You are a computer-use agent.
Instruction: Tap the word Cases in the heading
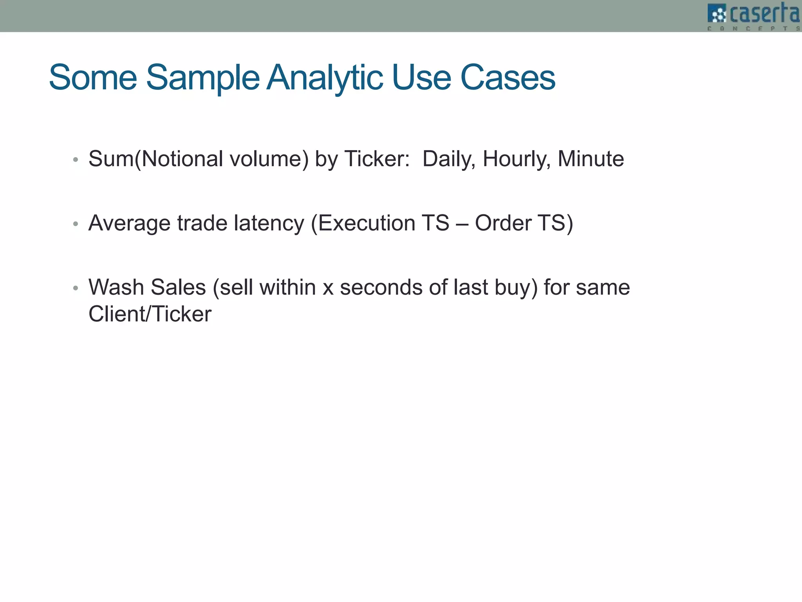click(508, 78)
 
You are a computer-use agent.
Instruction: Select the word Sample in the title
click(202, 78)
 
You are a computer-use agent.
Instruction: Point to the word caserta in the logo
click(764, 13)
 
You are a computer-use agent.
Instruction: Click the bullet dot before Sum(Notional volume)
click(76, 160)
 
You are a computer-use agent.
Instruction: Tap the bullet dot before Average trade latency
click(76, 224)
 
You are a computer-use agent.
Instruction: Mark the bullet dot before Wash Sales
click(76, 288)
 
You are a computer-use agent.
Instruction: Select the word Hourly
click(517, 159)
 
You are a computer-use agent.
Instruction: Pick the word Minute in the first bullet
click(591, 159)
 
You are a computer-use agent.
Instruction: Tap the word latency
click(269, 223)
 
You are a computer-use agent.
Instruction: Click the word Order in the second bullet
click(503, 223)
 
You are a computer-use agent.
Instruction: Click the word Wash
click(116, 287)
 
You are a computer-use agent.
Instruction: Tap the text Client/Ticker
click(150, 314)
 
